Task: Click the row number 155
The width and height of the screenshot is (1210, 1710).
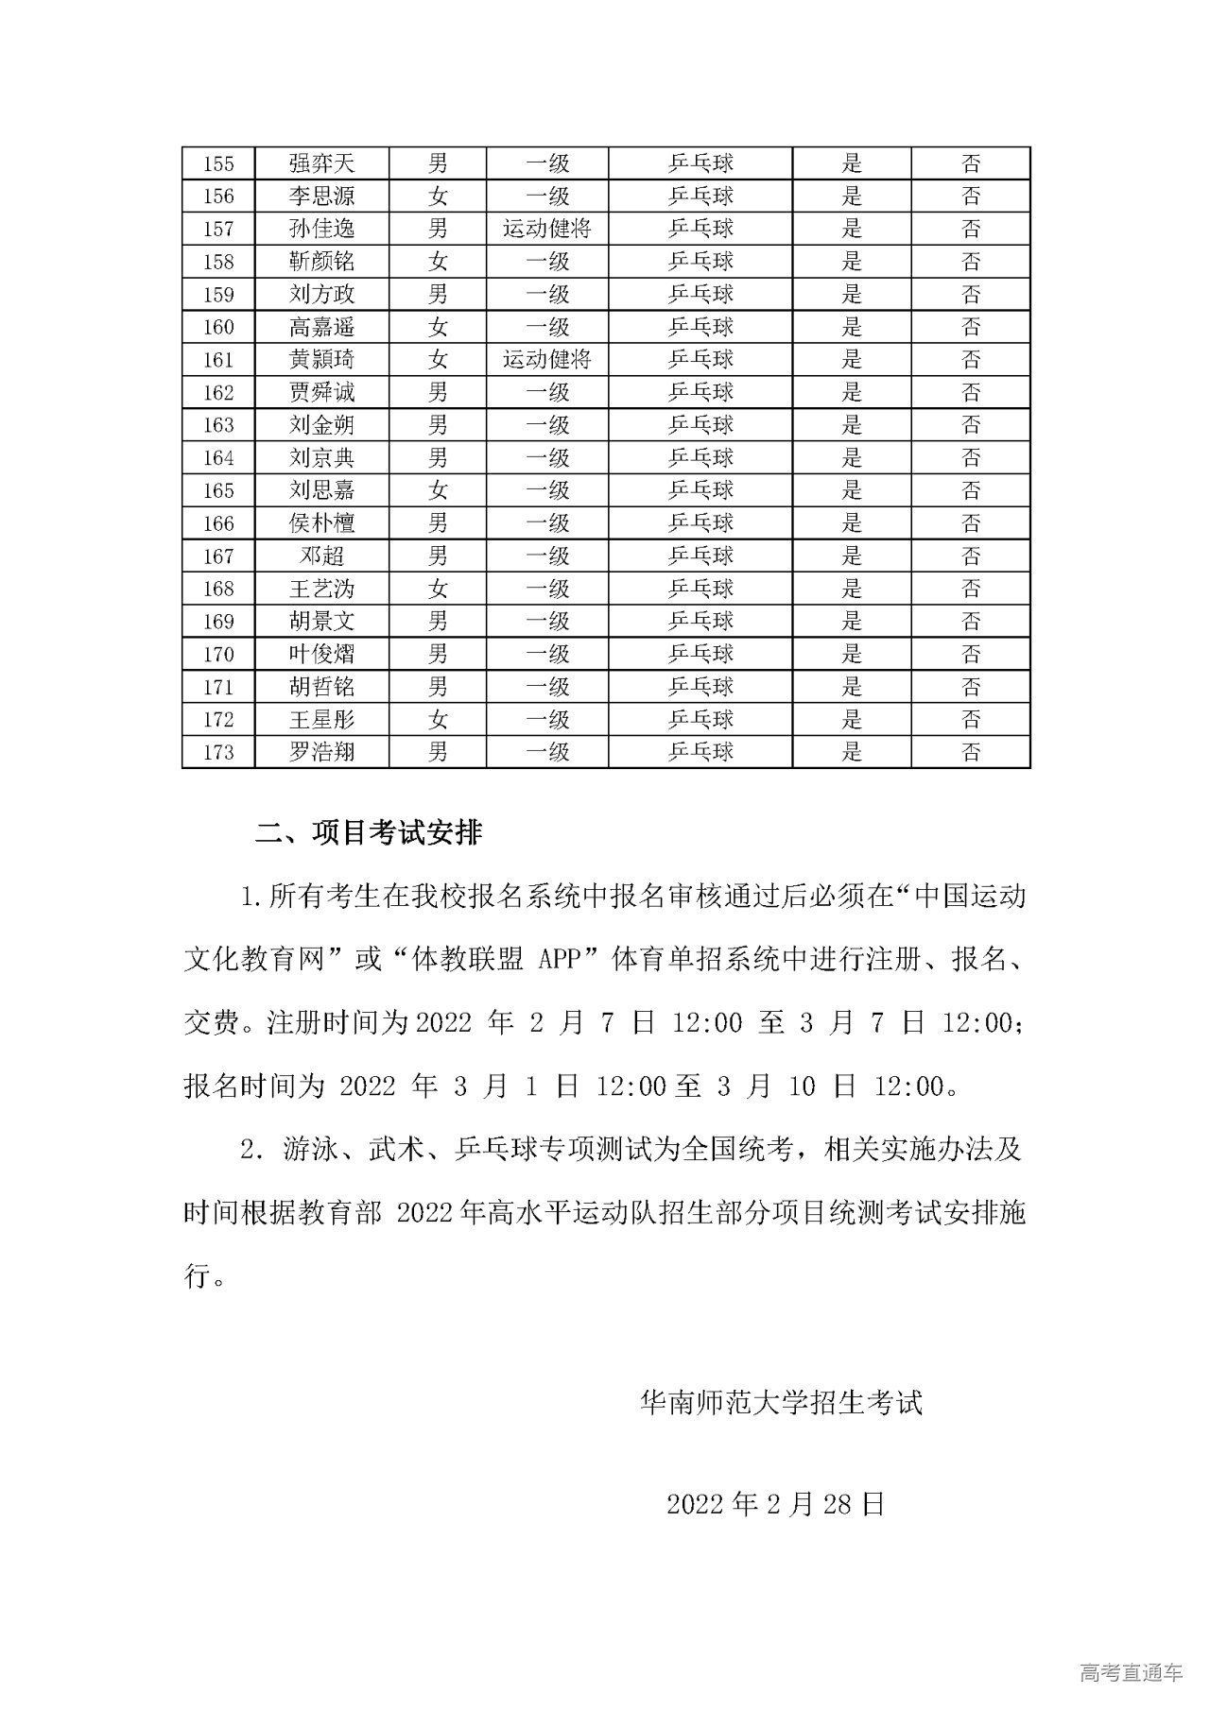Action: (218, 163)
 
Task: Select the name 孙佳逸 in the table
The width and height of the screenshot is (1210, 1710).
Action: (321, 229)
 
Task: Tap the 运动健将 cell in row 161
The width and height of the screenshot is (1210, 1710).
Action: (546, 359)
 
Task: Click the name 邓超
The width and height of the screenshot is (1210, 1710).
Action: (321, 556)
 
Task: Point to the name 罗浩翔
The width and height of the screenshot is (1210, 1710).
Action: (321, 752)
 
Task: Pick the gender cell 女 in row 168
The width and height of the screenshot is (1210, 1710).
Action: (438, 589)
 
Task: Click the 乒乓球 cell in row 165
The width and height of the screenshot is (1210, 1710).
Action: (700, 490)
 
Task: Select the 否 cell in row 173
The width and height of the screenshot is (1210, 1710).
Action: (971, 752)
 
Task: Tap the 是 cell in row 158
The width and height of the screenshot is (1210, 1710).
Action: (852, 262)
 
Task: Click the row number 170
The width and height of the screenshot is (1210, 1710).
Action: (218, 654)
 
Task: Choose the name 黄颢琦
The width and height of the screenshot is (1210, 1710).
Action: (321, 359)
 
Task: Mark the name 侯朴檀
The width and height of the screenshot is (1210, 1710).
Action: (321, 523)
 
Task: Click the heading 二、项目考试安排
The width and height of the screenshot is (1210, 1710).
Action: (369, 832)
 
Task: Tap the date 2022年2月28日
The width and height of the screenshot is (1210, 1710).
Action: (775, 1504)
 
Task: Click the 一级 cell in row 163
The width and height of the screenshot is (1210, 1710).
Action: (546, 425)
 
